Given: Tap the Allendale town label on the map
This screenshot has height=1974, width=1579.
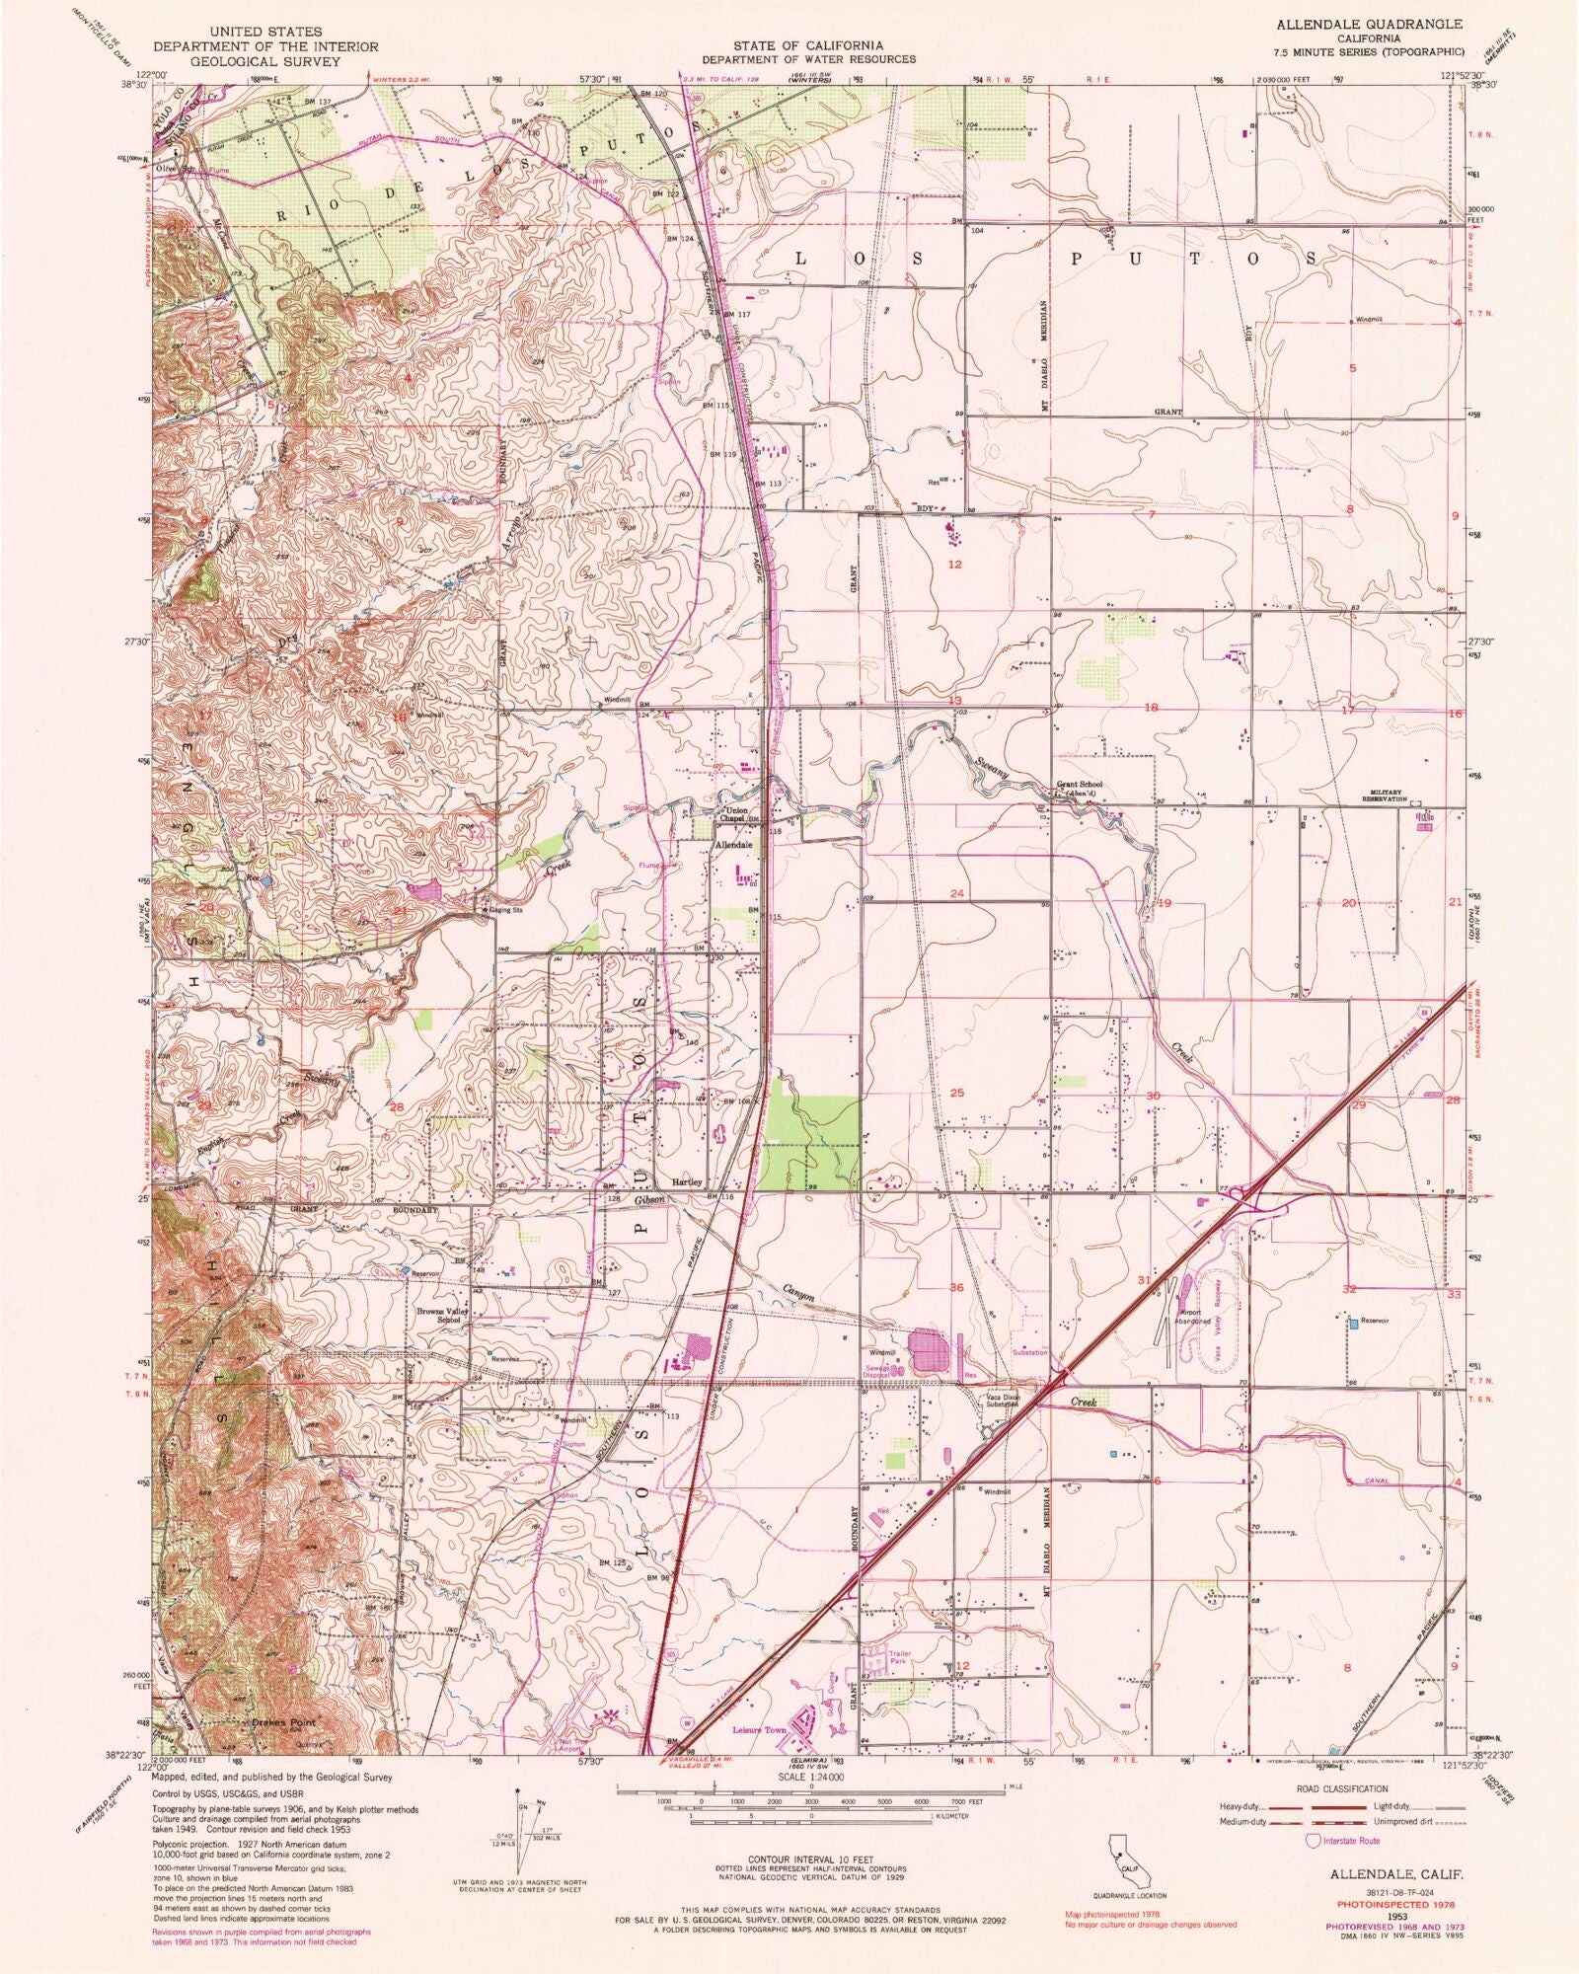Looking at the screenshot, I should tap(733, 846).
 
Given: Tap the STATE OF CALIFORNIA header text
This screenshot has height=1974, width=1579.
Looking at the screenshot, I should tap(807, 45).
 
